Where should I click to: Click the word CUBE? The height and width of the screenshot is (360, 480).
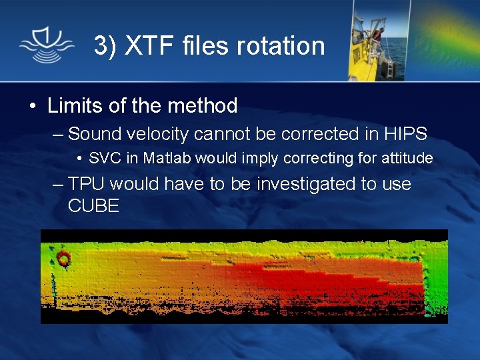(x=93, y=206)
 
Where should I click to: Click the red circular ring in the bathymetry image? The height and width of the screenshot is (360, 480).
(x=64, y=259)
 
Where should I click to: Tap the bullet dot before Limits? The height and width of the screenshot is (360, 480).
(x=32, y=106)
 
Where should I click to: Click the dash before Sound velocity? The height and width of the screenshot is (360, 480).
(x=59, y=135)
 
